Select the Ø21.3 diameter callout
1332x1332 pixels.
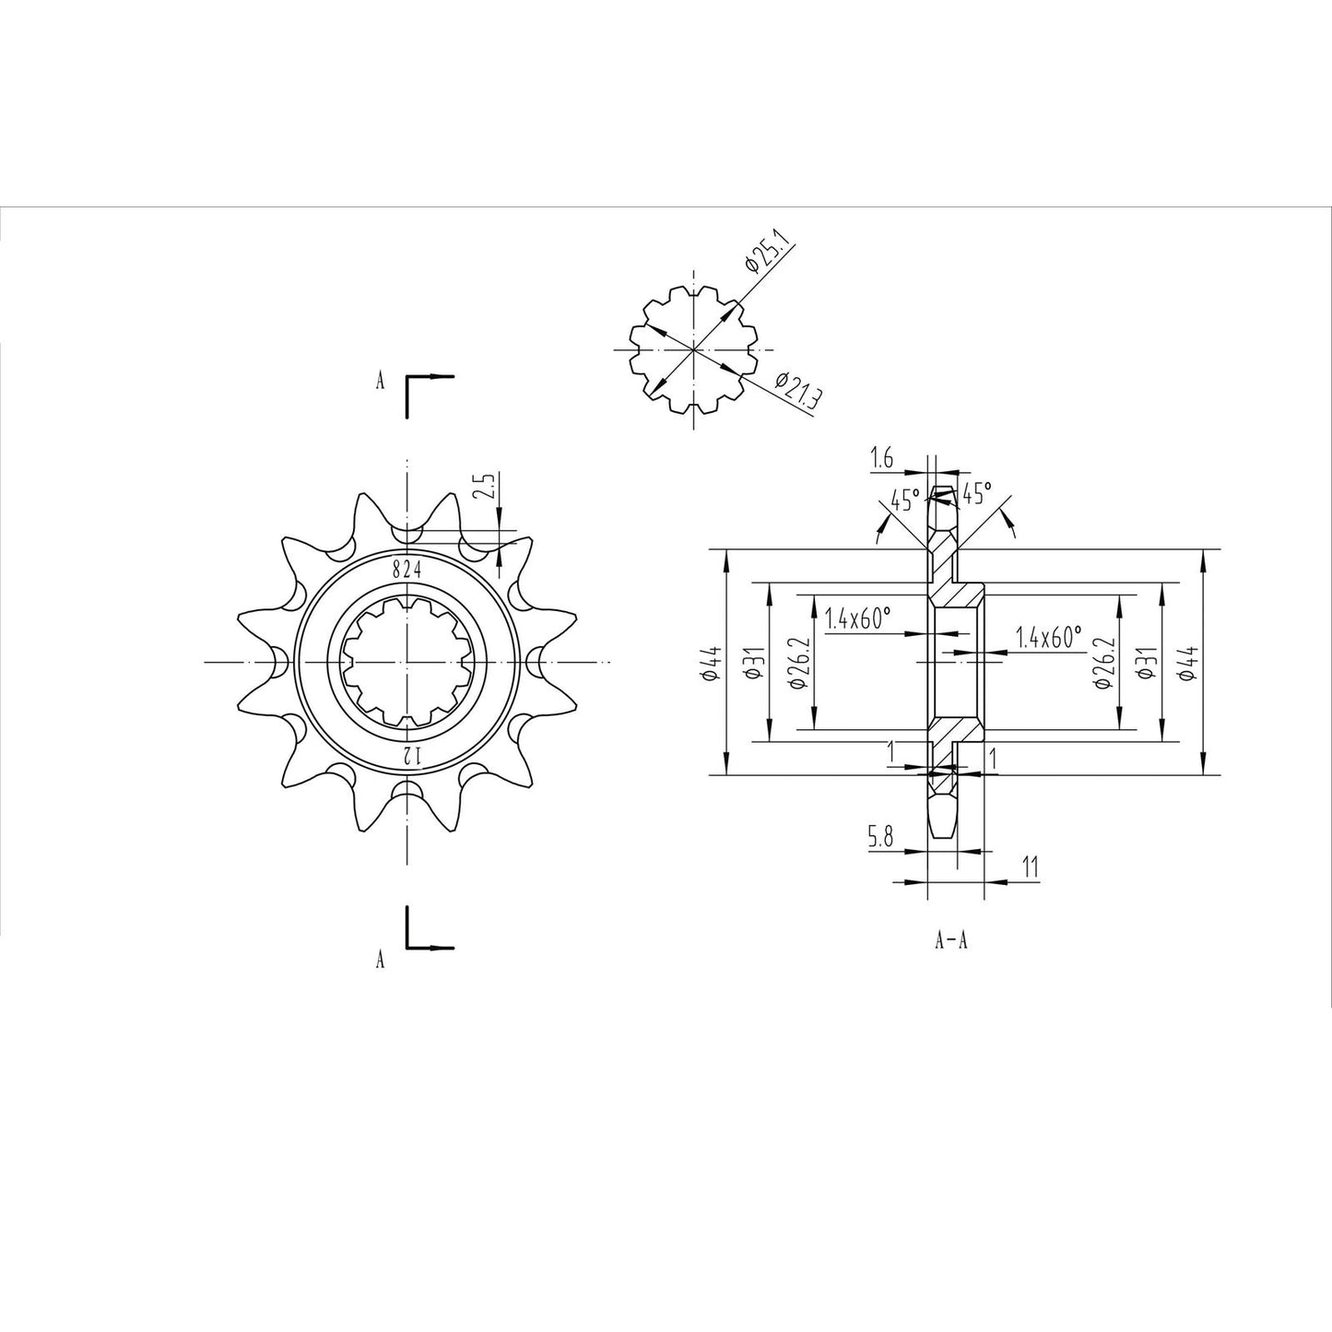pos(798,390)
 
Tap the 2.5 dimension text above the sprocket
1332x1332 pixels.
pos(489,487)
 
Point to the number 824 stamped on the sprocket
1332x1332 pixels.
pos(407,570)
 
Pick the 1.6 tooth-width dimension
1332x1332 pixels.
pos(883,456)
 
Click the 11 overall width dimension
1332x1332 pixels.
pos(1030,866)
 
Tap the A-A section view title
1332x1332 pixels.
pos(950,941)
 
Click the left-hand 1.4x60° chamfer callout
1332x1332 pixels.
pos(858,619)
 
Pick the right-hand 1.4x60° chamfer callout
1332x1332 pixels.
pos(1048,637)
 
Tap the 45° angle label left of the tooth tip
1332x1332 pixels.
pos(903,501)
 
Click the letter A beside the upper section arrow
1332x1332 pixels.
pos(380,382)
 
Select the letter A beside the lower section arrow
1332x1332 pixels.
pos(380,961)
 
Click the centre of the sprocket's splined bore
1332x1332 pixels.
pos(406,662)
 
